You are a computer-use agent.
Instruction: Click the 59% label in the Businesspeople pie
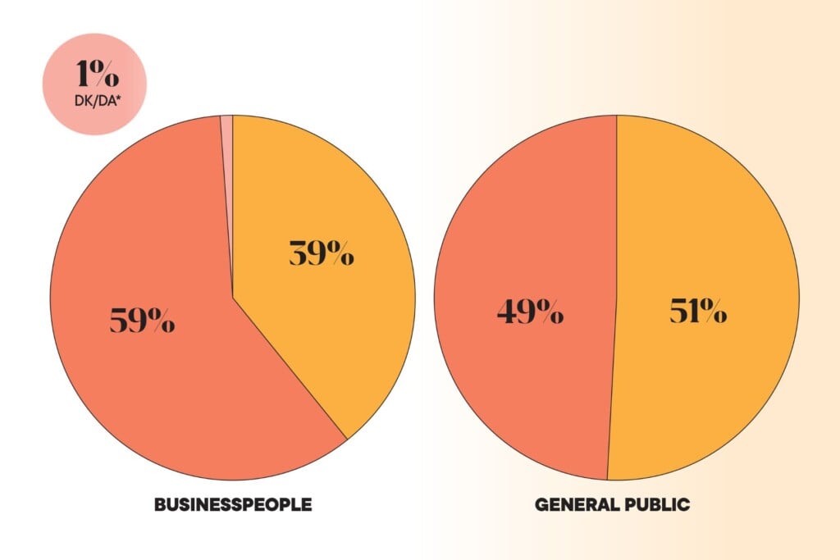142,320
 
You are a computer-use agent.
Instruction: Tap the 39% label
321,254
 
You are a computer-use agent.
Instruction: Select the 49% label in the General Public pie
529,312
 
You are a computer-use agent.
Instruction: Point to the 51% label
697,312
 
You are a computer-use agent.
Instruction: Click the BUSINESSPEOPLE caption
232,504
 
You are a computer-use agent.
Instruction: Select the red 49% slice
525,394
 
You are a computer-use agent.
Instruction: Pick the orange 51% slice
705,394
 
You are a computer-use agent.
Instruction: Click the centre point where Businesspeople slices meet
233,297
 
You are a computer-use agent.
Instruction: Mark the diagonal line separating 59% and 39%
290,368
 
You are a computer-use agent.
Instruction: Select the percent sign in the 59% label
160,321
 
